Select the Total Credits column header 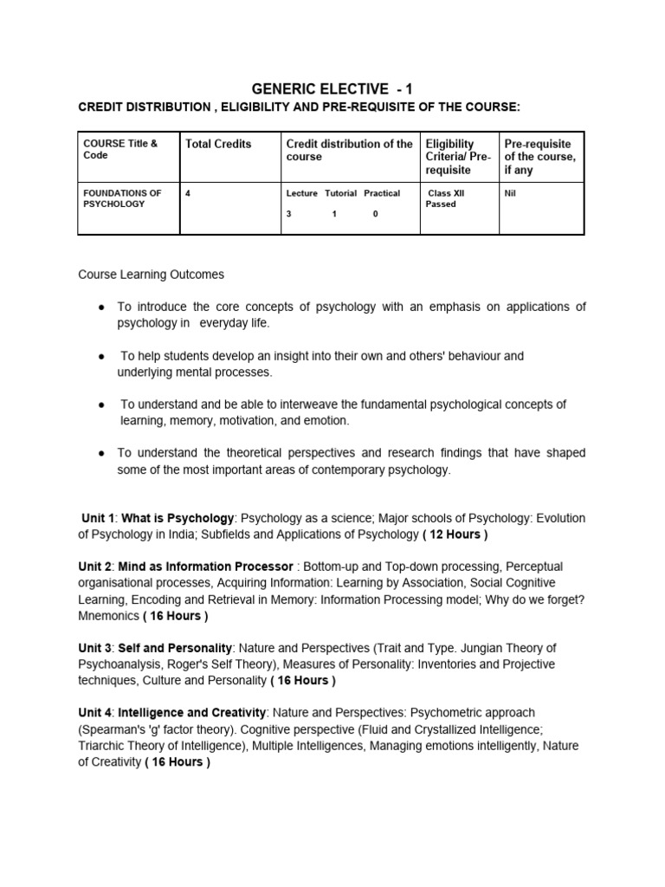218,144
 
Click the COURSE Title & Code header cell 120,150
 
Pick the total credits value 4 189,193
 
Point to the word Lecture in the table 302,193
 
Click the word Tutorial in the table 341,193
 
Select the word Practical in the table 382,193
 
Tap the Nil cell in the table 510,193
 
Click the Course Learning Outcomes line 152,275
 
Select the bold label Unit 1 98,518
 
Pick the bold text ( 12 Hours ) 455,534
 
